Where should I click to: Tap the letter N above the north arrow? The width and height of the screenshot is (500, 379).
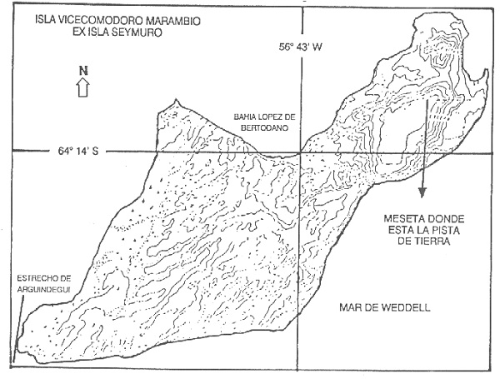pyautogui.click(x=83, y=71)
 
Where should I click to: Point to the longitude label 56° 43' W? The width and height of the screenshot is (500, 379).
pyautogui.click(x=300, y=47)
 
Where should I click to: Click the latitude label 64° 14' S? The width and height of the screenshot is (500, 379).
pyautogui.click(x=78, y=151)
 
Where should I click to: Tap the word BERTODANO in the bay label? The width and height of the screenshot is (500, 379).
pyautogui.click(x=263, y=128)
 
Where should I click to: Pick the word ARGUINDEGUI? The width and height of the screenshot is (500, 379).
pyautogui.click(x=44, y=289)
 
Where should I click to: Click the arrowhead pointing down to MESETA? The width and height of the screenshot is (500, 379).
pyautogui.click(x=422, y=193)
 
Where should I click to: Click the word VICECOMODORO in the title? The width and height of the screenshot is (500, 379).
pyautogui.click(x=101, y=21)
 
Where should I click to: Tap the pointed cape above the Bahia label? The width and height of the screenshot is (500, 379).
pyautogui.click(x=175, y=102)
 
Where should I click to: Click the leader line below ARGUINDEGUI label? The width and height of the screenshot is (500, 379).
pyautogui.click(x=18, y=329)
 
